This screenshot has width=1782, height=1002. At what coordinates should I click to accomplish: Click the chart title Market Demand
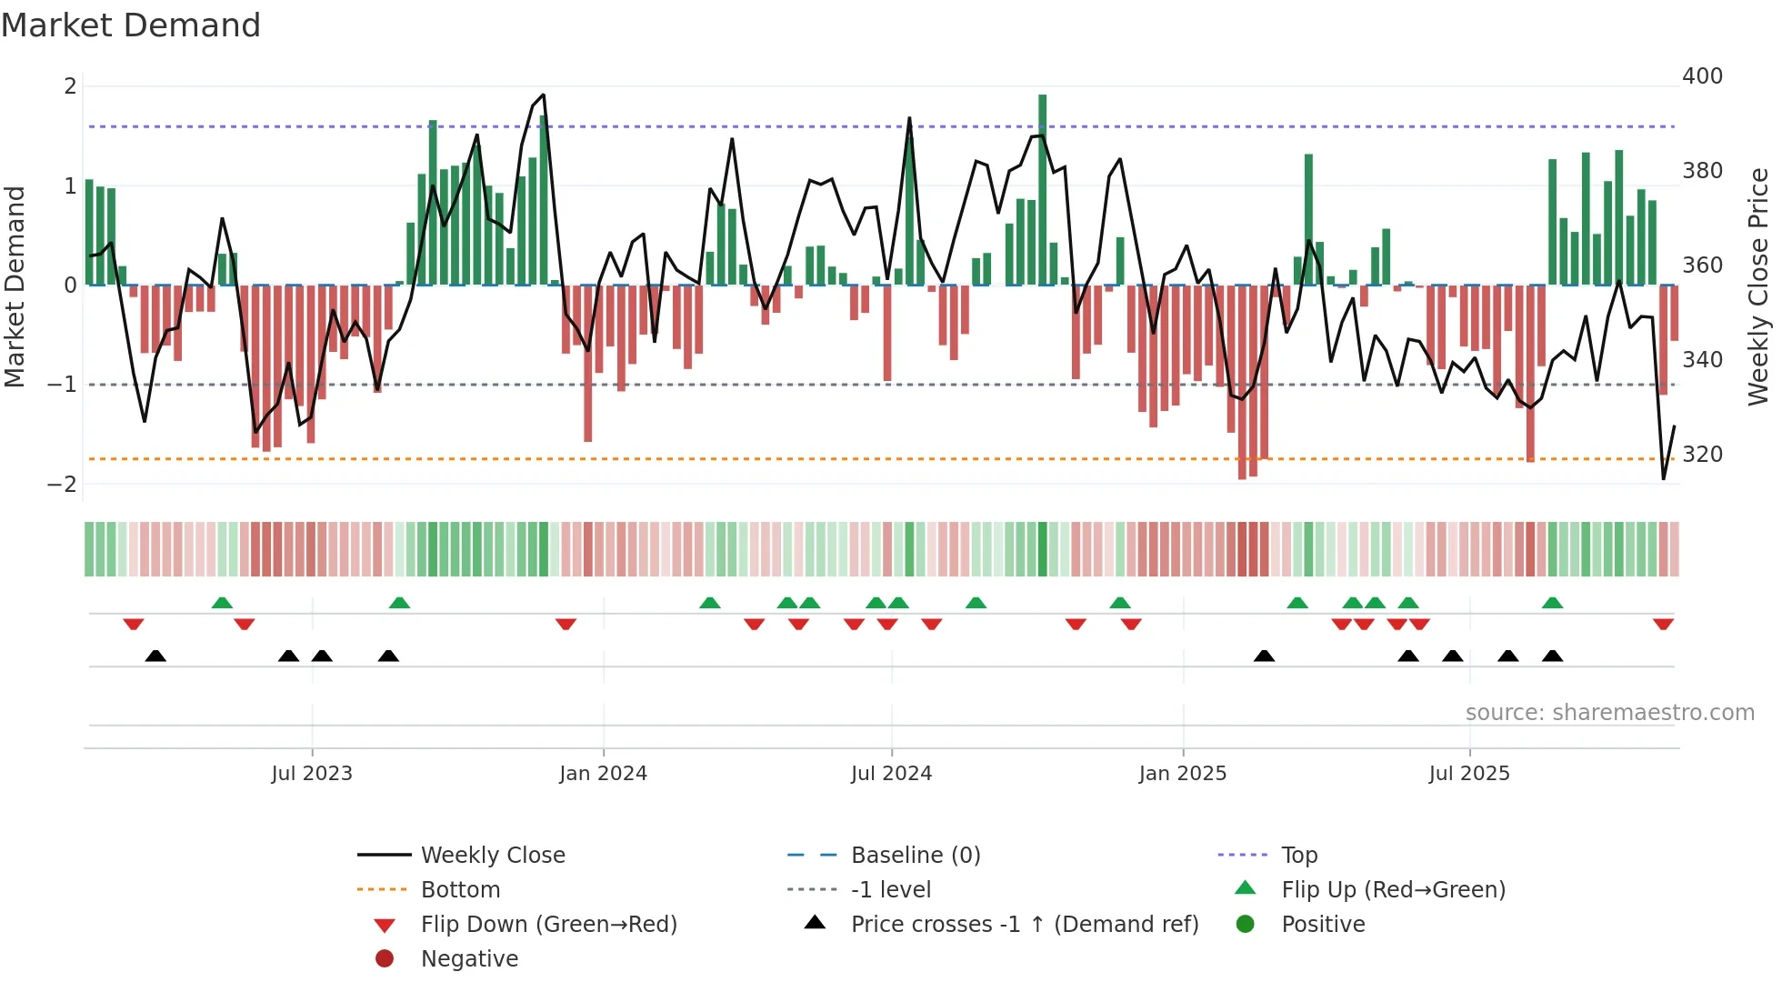[x=131, y=25]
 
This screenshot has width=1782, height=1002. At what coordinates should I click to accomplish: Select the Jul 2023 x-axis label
[x=312, y=774]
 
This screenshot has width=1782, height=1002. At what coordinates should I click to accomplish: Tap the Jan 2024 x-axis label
[x=603, y=774]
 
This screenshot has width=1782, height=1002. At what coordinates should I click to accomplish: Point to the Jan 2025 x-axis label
[x=1182, y=774]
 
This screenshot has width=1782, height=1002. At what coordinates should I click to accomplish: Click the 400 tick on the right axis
[x=1702, y=76]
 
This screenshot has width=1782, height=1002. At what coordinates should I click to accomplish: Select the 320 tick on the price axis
[x=1702, y=455]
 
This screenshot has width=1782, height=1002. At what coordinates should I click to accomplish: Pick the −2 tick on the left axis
[x=62, y=485]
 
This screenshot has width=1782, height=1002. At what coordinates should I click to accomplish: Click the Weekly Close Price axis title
[x=1758, y=286]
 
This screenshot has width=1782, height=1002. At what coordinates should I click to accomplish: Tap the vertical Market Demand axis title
[x=15, y=286]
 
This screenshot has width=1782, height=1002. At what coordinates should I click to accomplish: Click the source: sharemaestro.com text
[x=1609, y=713]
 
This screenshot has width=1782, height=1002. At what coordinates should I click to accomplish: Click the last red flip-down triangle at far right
[x=1663, y=625]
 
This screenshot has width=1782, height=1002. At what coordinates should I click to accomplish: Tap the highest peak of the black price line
[x=543, y=95]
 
